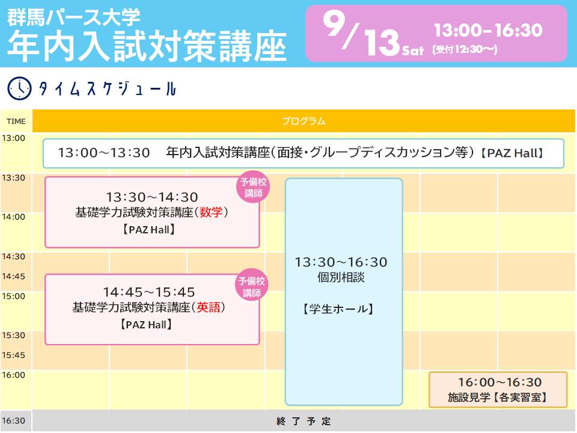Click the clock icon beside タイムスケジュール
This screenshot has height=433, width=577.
19,88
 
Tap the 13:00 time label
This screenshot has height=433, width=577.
14,138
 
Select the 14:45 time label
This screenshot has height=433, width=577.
14,277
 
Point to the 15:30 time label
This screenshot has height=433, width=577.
14,336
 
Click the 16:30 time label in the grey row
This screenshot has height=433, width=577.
14,421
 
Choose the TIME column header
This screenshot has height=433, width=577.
16,121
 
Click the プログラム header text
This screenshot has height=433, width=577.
304,121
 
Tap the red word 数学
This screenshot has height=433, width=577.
211,212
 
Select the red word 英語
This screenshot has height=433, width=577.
209,307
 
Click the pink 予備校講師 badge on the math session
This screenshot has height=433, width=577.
253,187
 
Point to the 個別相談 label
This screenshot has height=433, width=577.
341,277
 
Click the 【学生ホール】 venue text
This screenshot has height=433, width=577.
338,309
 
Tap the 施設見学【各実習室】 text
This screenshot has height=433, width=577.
498,398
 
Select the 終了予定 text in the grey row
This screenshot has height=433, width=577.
304,421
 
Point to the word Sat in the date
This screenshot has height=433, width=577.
413,50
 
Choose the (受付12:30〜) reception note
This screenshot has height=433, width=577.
465,49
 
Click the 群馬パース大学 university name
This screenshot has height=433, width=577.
73,17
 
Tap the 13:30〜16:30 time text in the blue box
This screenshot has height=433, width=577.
341,262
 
